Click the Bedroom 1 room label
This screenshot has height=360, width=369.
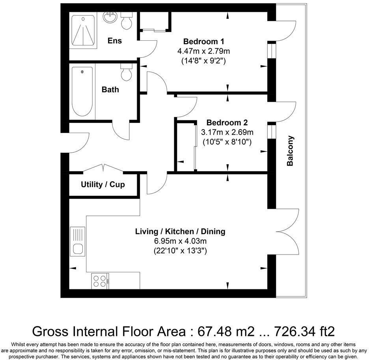point(204,41)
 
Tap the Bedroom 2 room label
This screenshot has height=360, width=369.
point(227,123)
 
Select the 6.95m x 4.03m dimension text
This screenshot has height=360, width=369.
point(180,241)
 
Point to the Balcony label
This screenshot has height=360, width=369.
point(290,151)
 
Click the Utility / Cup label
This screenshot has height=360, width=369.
point(103,184)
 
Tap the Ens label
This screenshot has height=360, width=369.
point(115,41)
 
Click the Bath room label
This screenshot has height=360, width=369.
point(110,90)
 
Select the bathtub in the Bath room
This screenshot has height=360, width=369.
point(82,91)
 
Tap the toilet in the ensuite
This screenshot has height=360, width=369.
point(127,21)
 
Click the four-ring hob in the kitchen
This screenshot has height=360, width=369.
point(99,280)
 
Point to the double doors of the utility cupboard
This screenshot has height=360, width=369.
point(103,168)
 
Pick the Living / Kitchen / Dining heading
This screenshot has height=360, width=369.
point(180,231)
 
